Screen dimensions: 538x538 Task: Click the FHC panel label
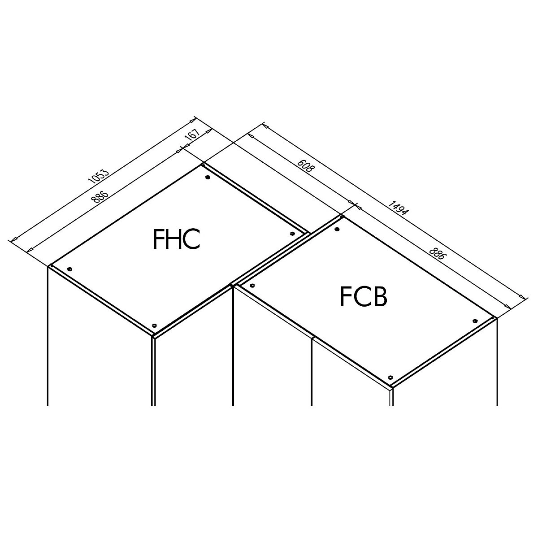click(177, 239)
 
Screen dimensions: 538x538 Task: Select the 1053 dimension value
click(98, 175)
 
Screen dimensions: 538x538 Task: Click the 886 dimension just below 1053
click(100, 197)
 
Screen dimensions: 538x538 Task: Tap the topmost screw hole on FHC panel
click(207, 177)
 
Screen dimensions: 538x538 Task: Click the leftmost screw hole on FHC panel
click(69, 269)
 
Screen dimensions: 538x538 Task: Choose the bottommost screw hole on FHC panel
click(154, 325)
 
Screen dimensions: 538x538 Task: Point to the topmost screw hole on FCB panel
click(337, 230)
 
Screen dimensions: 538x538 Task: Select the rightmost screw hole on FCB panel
click(474, 321)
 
